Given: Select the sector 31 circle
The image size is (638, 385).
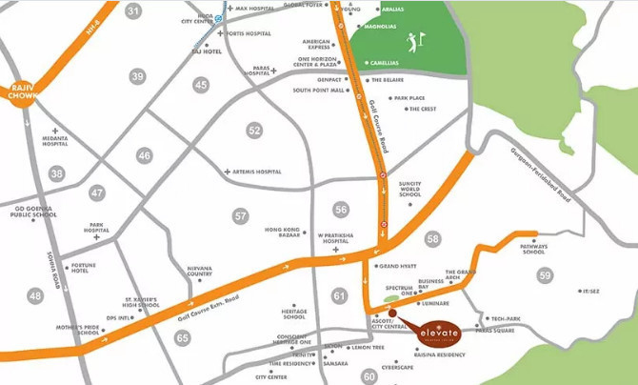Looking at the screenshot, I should coord(133,12).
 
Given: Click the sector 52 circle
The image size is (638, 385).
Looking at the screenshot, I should coord(254,131).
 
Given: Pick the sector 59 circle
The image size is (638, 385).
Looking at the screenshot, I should coord(545,275).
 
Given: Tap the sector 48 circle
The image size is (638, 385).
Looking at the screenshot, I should coord(35,296).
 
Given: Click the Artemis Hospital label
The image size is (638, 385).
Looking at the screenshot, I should coord(256,172).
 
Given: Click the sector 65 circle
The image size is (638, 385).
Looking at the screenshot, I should coord(182,337).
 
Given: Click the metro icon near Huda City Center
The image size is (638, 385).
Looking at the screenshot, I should coord(218,17).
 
